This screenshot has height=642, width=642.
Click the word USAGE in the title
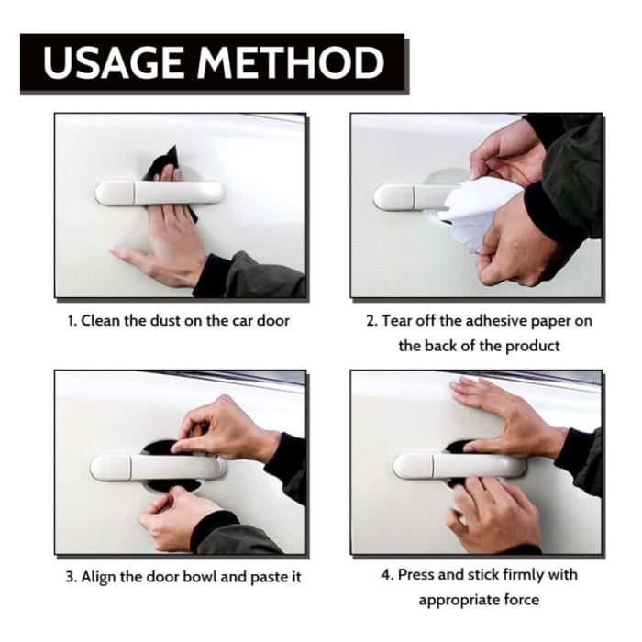pyautogui.click(x=113, y=62)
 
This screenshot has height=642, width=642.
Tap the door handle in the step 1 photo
pyautogui.click(x=160, y=193)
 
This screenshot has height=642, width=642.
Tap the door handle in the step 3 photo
pyautogui.click(x=158, y=467)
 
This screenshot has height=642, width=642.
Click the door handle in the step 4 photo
pyautogui.click(x=459, y=466)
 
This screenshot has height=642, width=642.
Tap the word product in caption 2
pyautogui.click(x=532, y=347)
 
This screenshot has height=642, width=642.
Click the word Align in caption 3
pyautogui.click(x=98, y=577)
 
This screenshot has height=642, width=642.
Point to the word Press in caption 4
pyautogui.click(x=415, y=574)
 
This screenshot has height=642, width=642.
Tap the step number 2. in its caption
pyautogui.click(x=372, y=321)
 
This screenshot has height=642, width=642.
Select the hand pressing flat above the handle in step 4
pyautogui.click(x=508, y=414)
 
